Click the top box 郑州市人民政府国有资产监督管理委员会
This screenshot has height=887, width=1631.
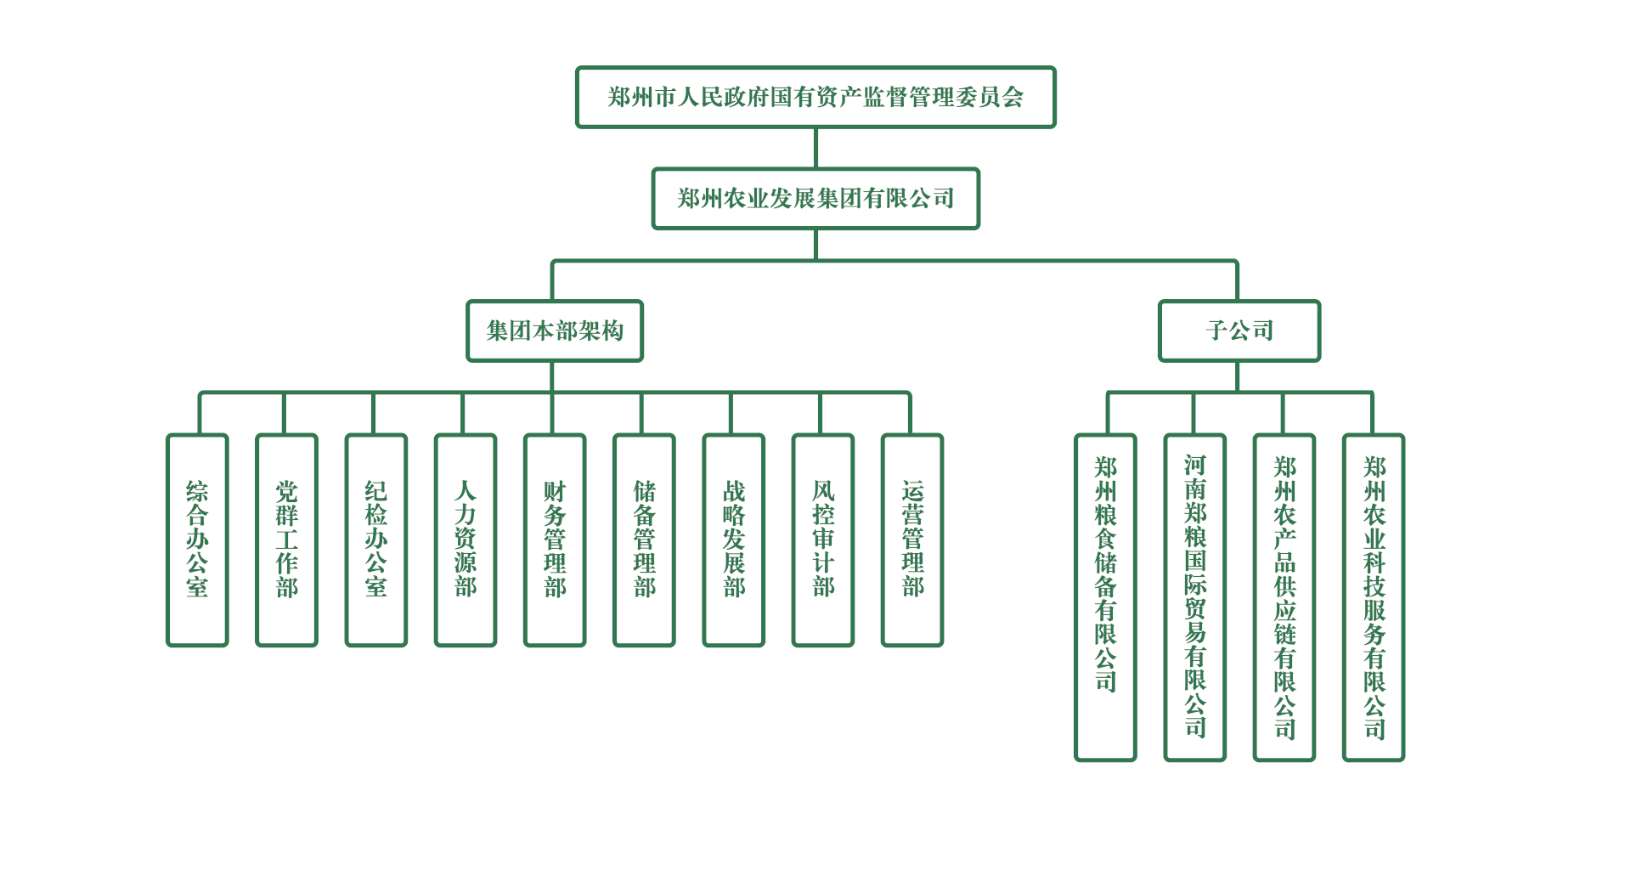815,97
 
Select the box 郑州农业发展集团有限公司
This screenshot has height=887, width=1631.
815,198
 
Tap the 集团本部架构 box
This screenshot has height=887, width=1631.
555,331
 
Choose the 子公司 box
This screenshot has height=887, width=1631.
1239,331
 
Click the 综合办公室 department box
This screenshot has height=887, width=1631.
197,540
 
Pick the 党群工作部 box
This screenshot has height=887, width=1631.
287,540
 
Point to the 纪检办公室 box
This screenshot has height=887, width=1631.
376,540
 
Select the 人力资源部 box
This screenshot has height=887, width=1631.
466,540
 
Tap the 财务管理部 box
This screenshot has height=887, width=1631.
555,540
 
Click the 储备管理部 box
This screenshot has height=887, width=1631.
645,540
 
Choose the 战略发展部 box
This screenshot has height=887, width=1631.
734,540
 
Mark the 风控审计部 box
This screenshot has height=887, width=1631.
823,540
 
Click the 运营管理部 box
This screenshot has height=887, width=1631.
912,540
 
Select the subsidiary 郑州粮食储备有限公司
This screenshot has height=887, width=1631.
1105,596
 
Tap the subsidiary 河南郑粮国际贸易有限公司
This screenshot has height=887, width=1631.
1195,596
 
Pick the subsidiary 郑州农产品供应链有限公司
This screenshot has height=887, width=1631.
1284,596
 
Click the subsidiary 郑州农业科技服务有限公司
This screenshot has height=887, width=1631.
1374,596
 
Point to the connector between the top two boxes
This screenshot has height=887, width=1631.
815,148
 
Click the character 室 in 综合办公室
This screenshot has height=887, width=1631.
197,587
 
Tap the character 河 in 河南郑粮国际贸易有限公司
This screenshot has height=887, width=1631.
1195,465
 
